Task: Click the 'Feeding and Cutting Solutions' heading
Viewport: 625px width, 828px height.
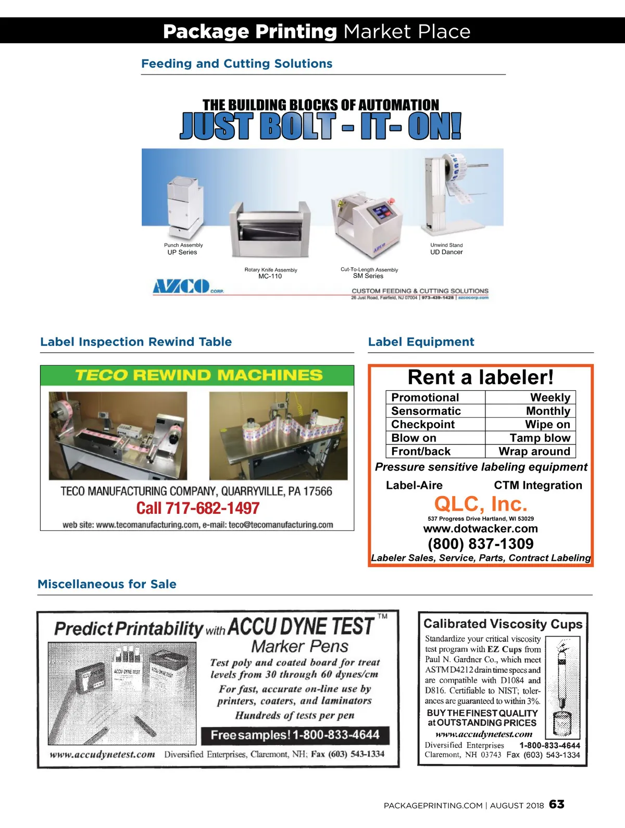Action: tap(236, 64)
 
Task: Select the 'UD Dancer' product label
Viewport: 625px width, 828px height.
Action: tap(446, 252)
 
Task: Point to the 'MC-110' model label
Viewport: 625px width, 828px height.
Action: tap(270, 277)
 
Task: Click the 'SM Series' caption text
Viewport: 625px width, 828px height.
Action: tap(368, 276)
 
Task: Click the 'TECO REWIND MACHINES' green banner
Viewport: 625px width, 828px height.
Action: tap(197, 375)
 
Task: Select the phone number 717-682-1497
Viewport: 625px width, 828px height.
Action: tap(198, 508)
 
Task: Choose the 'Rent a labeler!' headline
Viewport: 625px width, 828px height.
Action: tap(480, 377)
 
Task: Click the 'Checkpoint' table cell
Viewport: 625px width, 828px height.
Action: tap(423, 425)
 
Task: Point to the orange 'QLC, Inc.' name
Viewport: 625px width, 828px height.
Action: tap(480, 504)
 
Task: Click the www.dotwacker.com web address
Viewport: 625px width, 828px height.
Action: tap(480, 529)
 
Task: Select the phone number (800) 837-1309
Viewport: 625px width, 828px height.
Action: tap(480, 544)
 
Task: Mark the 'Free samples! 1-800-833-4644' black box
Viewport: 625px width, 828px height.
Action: tap(295, 735)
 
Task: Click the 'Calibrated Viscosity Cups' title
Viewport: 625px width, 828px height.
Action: tap(503, 624)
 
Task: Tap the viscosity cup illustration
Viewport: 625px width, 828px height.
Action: tap(562, 688)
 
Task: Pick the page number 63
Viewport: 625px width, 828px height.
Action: tap(556, 805)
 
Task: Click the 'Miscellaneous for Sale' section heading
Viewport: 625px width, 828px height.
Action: tap(107, 584)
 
